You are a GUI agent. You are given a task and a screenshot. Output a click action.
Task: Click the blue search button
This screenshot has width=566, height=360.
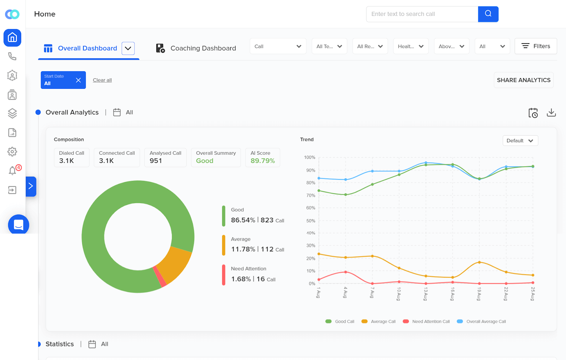tap(488, 14)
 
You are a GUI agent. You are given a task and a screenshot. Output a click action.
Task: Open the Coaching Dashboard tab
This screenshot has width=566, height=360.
tap(196, 48)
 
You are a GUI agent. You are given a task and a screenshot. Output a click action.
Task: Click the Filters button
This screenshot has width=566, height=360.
tap(536, 46)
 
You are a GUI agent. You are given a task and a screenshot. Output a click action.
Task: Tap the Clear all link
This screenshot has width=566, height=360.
tap(102, 80)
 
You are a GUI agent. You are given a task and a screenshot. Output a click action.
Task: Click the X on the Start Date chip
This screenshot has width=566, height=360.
tap(78, 80)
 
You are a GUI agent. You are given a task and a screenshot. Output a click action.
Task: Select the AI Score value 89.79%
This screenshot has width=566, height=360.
tap(262, 161)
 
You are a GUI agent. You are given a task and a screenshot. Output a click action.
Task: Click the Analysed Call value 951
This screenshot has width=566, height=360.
tap(156, 161)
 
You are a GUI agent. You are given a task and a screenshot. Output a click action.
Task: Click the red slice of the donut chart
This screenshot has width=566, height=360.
tap(160, 276)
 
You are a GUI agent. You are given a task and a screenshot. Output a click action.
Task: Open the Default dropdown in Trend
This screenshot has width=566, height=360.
tap(520, 141)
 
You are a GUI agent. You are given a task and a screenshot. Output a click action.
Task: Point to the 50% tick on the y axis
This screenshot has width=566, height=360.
tap(311, 221)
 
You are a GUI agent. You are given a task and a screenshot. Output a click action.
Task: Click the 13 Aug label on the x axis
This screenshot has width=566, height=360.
tap(426, 294)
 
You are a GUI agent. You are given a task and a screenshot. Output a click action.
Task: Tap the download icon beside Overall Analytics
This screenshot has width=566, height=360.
tap(551, 113)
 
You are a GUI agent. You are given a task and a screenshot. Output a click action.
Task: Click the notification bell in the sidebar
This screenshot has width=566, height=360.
tap(12, 171)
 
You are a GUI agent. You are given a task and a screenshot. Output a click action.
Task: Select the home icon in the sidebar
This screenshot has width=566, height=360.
tap(12, 38)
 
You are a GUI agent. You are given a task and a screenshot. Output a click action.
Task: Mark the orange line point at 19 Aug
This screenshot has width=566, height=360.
tap(479, 262)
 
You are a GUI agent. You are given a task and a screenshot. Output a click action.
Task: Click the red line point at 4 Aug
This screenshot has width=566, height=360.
tap(346, 272)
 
